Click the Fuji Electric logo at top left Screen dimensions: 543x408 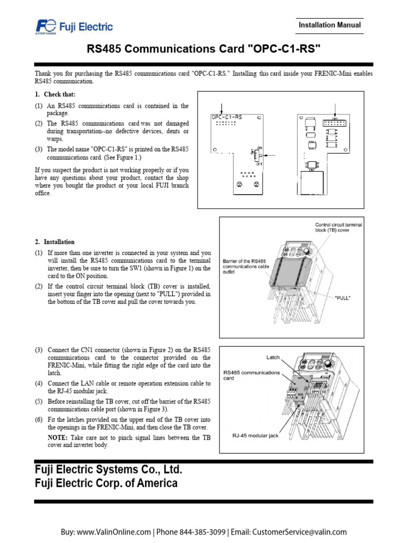(74, 26)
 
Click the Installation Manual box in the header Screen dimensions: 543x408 (329, 25)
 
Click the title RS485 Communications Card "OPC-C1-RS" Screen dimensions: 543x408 (204, 49)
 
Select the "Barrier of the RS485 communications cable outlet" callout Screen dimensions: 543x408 (244, 266)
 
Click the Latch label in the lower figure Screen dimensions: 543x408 (273, 357)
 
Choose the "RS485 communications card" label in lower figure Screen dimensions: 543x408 (251, 375)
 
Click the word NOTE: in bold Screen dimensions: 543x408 (57, 438)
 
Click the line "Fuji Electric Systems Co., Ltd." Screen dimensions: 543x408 (108, 470)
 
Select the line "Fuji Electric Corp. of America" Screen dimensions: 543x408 (106, 483)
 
